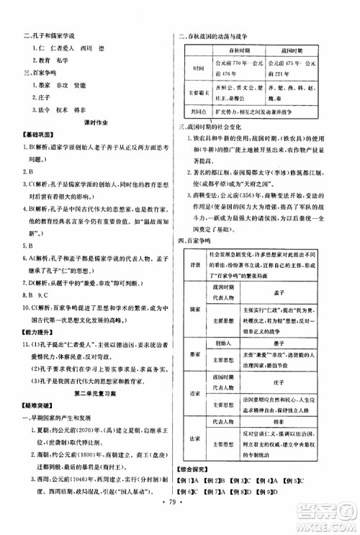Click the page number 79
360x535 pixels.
(179, 518)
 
